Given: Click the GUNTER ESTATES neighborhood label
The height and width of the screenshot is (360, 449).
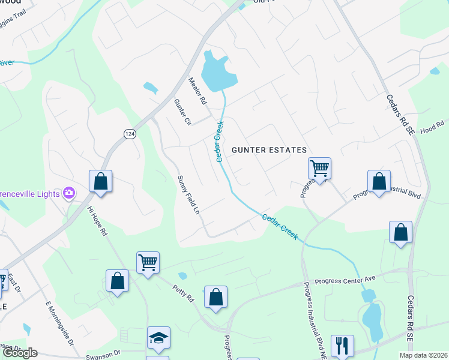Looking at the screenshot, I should pos(270,150).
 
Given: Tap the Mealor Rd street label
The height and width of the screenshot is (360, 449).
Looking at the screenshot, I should pos(197,89).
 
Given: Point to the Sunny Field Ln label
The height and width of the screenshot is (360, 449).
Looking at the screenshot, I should pos(187,195).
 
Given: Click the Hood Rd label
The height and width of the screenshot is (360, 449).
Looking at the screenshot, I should pos(431,129).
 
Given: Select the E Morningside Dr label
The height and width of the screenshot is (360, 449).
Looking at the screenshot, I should pos(59,323).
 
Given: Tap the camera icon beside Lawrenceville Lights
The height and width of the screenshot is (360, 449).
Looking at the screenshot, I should pos(70,193).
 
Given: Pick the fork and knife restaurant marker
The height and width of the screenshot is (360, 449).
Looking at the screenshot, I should pos(342,345).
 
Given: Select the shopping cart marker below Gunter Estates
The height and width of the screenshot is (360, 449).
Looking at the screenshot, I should pos(319,168).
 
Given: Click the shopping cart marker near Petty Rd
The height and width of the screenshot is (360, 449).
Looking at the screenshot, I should pos(148,262).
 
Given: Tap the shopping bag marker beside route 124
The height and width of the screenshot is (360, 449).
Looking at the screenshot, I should pos(100,181).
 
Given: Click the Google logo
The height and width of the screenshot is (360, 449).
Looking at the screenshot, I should pos(19,353).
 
